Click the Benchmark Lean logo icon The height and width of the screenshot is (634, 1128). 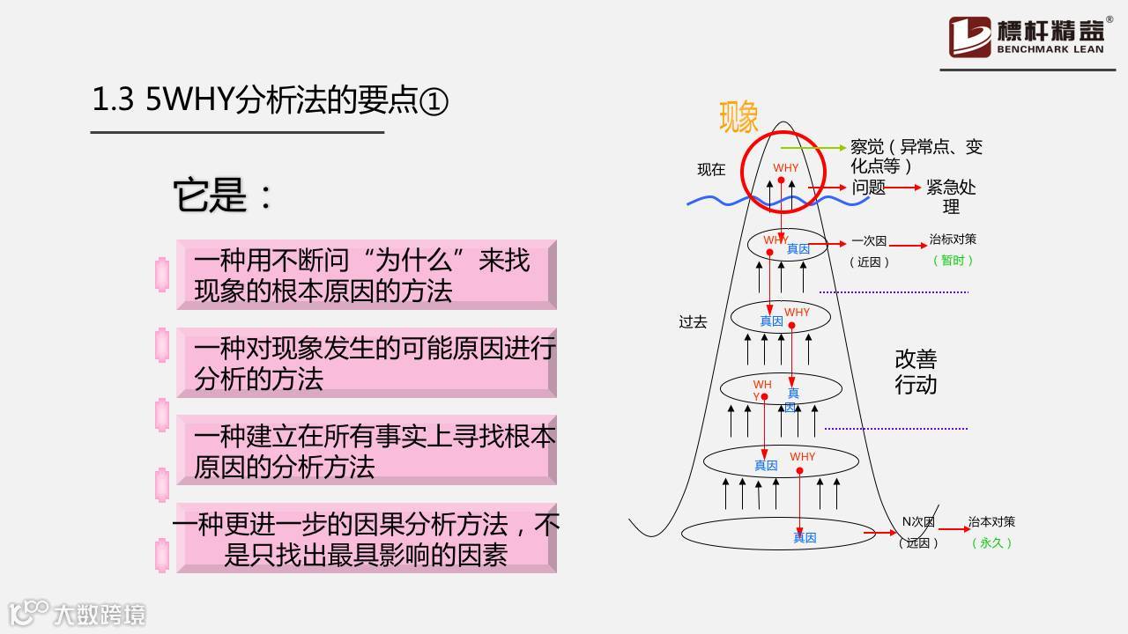(x=969, y=37)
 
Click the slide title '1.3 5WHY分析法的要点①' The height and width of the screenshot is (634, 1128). (x=271, y=101)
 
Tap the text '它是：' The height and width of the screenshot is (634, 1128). (x=223, y=195)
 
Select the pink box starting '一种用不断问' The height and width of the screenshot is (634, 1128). (x=366, y=274)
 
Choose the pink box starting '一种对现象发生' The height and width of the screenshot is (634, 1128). (x=366, y=362)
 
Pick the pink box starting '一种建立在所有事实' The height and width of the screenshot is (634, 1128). (x=366, y=450)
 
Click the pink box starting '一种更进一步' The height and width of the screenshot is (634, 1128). (x=366, y=538)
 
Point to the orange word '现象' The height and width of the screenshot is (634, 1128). (x=738, y=117)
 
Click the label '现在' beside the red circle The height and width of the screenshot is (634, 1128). (x=711, y=170)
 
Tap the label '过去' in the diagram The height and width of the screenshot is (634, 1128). (x=693, y=322)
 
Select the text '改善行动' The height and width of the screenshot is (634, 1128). (x=916, y=372)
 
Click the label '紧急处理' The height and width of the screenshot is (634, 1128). (x=951, y=197)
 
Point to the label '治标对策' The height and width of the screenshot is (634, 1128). (x=953, y=240)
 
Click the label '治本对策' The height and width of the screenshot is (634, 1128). (x=991, y=522)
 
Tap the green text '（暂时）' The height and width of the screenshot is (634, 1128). (x=953, y=261)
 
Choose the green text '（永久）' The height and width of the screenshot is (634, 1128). (x=991, y=543)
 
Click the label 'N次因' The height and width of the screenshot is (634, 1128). (x=917, y=522)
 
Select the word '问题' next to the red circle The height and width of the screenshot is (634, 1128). (x=868, y=188)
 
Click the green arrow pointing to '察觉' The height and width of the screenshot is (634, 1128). (x=813, y=148)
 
